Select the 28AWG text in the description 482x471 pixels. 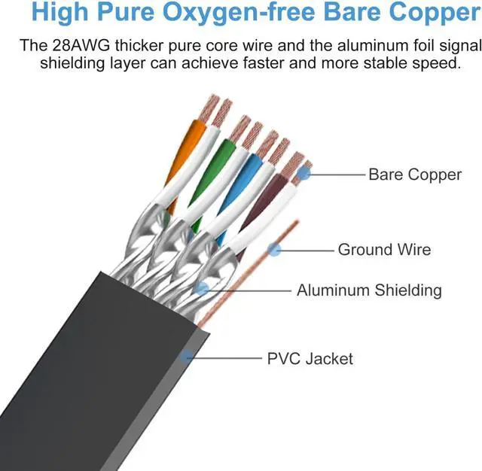(82, 45)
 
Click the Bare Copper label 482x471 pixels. (414, 175)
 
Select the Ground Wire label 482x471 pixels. (384, 249)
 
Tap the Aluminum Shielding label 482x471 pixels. (369, 290)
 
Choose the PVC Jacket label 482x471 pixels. (310, 358)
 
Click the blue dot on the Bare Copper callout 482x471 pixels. (303, 175)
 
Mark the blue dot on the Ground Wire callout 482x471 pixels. (275, 249)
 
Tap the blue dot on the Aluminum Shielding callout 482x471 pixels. (202, 287)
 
